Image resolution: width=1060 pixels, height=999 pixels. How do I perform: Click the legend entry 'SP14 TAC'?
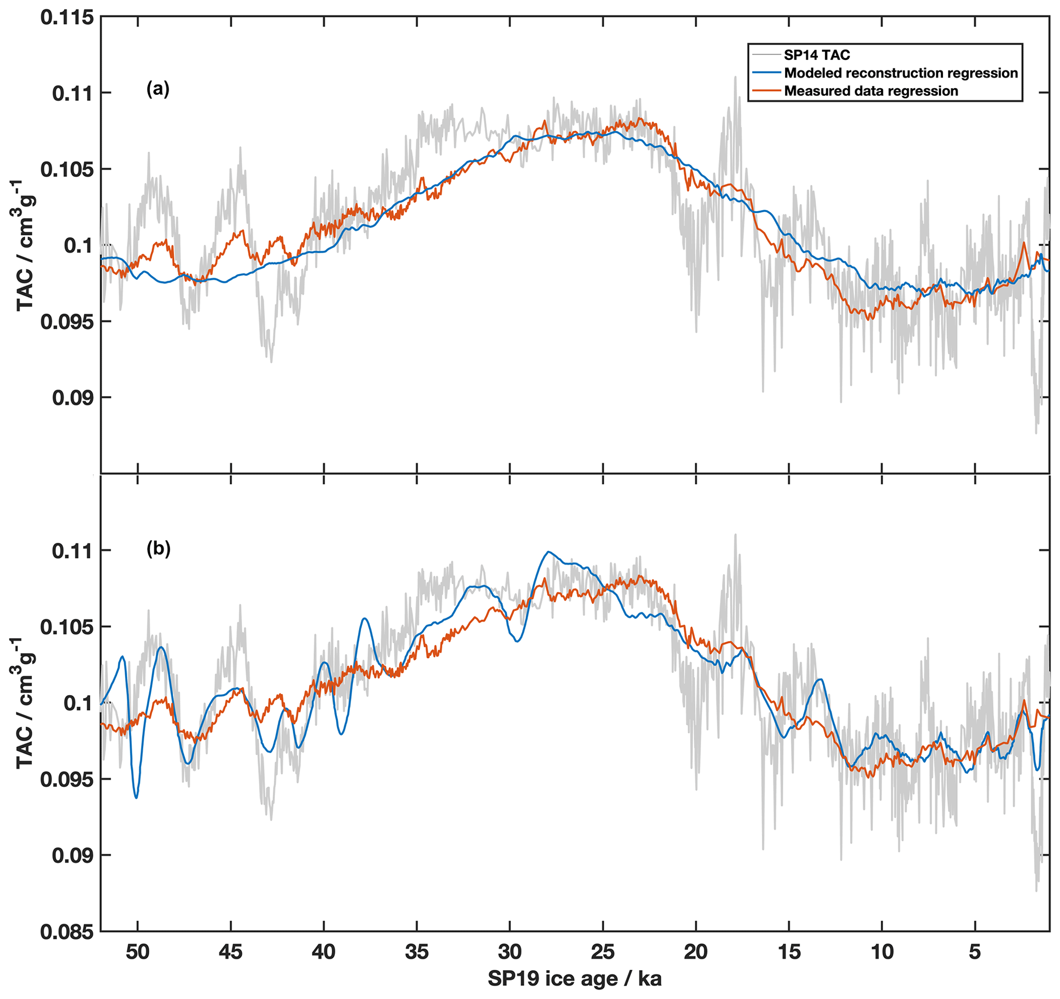click(x=817, y=55)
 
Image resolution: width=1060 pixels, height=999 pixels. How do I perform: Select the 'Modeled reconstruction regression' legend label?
click(x=901, y=73)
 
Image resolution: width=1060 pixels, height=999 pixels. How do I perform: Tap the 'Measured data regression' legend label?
click(x=871, y=91)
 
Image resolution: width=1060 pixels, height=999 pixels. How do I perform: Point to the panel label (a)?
click(x=158, y=90)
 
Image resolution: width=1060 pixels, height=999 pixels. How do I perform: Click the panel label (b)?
click(x=158, y=549)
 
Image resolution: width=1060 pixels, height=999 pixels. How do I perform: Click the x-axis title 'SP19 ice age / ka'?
click(x=574, y=979)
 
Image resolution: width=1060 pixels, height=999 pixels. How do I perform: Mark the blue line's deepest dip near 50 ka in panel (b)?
click(x=136, y=798)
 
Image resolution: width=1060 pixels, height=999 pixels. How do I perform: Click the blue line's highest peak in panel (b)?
click(x=548, y=552)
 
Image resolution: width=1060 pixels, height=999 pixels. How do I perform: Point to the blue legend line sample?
click(x=766, y=73)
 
